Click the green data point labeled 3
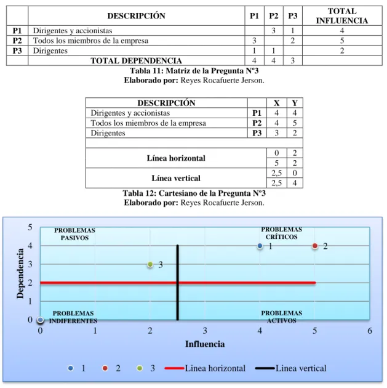pyautogui.click(x=150, y=264)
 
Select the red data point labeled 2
pyautogui.click(x=315, y=246)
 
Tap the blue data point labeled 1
pyautogui.click(x=260, y=246)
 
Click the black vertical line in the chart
pyautogui.click(x=178, y=283)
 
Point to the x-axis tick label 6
pyautogui.click(x=370, y=331)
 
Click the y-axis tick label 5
pyautogui.click(x=30, y=227)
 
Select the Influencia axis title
pyautogui.click(x=205, y=344)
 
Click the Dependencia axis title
pyautogui.click(x=20, y=273)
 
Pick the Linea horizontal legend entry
pyautogui.click(x=205, y=368)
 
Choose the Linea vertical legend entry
pyautogui.click(x=291, y=368)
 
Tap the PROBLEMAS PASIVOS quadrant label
pyautogui.click(x=74, y=234)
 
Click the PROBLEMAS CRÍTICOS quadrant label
pyautogui.click(x=281, y=233)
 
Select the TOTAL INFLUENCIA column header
pyautogui.click(x=342, y=16)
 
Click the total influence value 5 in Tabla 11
pyautogui.click(x=342, y=41)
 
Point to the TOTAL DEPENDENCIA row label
pyautogui.click(x=136, y=60)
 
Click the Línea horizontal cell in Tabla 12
pyautogui.click(x=176, y=158)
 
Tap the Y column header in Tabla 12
pyautogui.click(x=295, y=103)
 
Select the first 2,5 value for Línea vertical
pyautogui.click(x=276, y=173)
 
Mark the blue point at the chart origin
pyautogui.click(x=40, y=320)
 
